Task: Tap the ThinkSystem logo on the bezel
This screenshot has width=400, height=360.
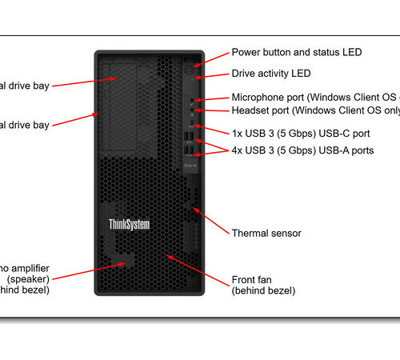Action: point(129,225)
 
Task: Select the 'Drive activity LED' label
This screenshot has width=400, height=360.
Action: point(271,74)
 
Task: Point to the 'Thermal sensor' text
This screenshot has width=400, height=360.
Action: point(266,234)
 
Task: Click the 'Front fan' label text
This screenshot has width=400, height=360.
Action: point(254,279)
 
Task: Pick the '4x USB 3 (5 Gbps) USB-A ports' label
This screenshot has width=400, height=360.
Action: point(302,150)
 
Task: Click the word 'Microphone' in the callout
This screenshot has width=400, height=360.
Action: point(258,98)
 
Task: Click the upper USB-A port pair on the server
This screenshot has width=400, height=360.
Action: point(187,138)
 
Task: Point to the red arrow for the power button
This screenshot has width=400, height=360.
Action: point(213,58)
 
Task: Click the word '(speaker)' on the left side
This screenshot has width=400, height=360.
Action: point(27,279)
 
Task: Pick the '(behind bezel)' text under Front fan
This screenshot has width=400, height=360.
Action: point(263,291)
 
